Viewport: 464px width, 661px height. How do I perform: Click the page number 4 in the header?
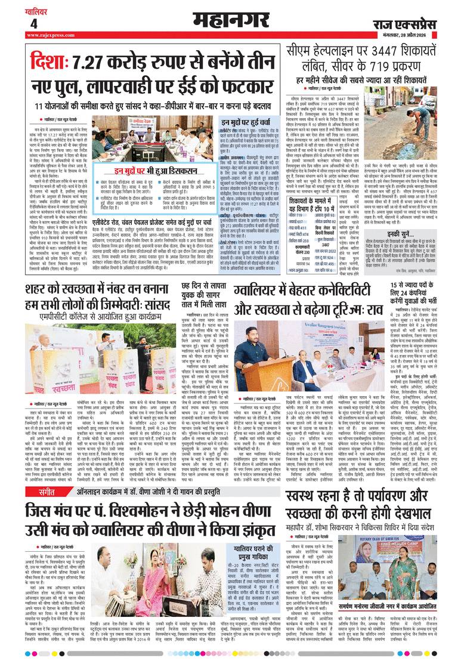pyautogui.click(x=33, y=24)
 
